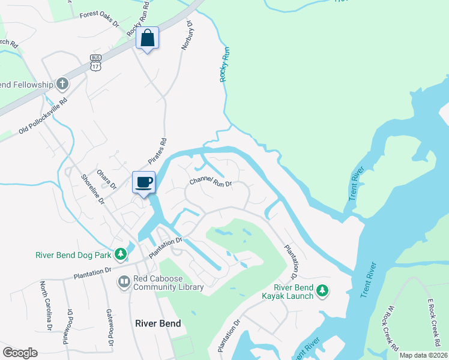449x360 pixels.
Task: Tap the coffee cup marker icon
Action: [x=143, y=182]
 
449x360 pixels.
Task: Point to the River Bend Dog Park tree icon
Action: [x=121, y=254]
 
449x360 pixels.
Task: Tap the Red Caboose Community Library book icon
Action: [x=124, y=281]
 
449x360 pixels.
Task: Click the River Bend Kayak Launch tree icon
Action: [x=322, y=291]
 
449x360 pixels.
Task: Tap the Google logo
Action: [x=20, y=353]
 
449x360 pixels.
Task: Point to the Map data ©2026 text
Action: [x=423, y=355]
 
